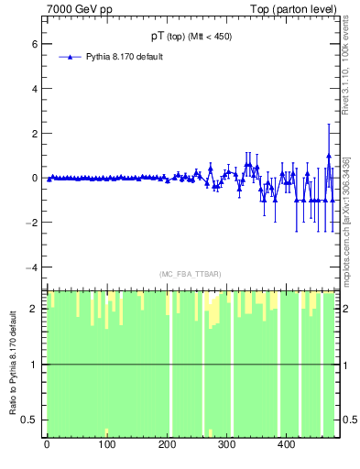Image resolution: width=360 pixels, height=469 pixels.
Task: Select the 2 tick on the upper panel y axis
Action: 34,133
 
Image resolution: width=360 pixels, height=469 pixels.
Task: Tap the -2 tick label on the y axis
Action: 32,223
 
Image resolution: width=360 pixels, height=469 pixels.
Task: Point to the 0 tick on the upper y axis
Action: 34,178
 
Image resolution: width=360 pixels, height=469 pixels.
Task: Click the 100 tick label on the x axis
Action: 106,445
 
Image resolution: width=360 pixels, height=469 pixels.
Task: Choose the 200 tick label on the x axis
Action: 166,445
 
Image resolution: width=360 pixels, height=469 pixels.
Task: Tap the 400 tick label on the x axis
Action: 286,445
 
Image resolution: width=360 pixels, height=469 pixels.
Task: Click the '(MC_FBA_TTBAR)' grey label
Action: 190,274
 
